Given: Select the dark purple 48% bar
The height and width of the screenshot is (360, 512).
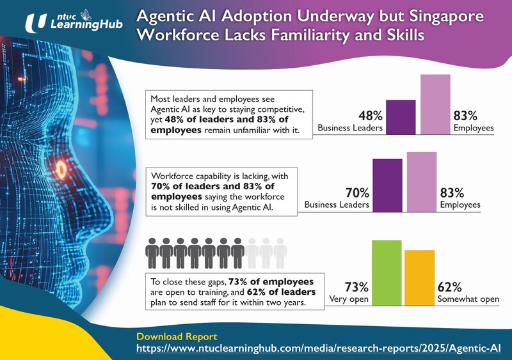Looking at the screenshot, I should click(x=401, y=117).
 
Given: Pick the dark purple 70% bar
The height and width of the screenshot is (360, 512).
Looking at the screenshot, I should click(x=387, y=185).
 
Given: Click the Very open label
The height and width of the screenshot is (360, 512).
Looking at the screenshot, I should click(x=348, y=299).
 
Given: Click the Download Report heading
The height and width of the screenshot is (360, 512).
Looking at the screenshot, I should click(x=177, y=336).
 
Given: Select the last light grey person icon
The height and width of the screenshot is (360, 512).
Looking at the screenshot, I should click(x=280, y=253).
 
